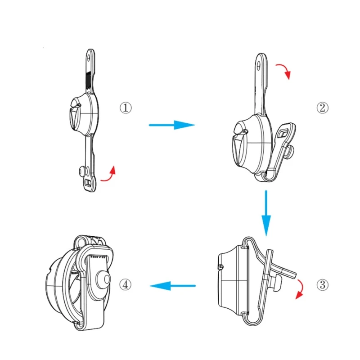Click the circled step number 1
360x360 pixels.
pyautogui.click(x=126, y=108)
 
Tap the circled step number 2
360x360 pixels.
pyautogui.click(x=323, y=108)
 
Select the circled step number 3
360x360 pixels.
pyautogui.click(x=323, y=285)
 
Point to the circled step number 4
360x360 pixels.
pyautogui.click(x=126, y=285)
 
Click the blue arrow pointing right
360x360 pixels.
pyautogui.click(x=172, y=125)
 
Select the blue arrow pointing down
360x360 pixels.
pyautogui.click(x=266, y=213)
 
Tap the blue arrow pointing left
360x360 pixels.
pyautogui.click(x=172, y=286)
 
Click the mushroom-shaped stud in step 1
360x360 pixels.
pyautogui.click(x=82, y=171)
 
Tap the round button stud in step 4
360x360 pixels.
pyautogui.click(x=104, y=279)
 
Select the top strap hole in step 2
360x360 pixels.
pyautogui.click(x=259, y=66)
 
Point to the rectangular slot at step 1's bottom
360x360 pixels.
pyautogui.click(x=88, y=183)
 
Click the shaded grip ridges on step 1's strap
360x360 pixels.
pyautogui.click(x=89, y=80)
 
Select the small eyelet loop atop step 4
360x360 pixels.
pyautogui.click(x=81, y=241)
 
